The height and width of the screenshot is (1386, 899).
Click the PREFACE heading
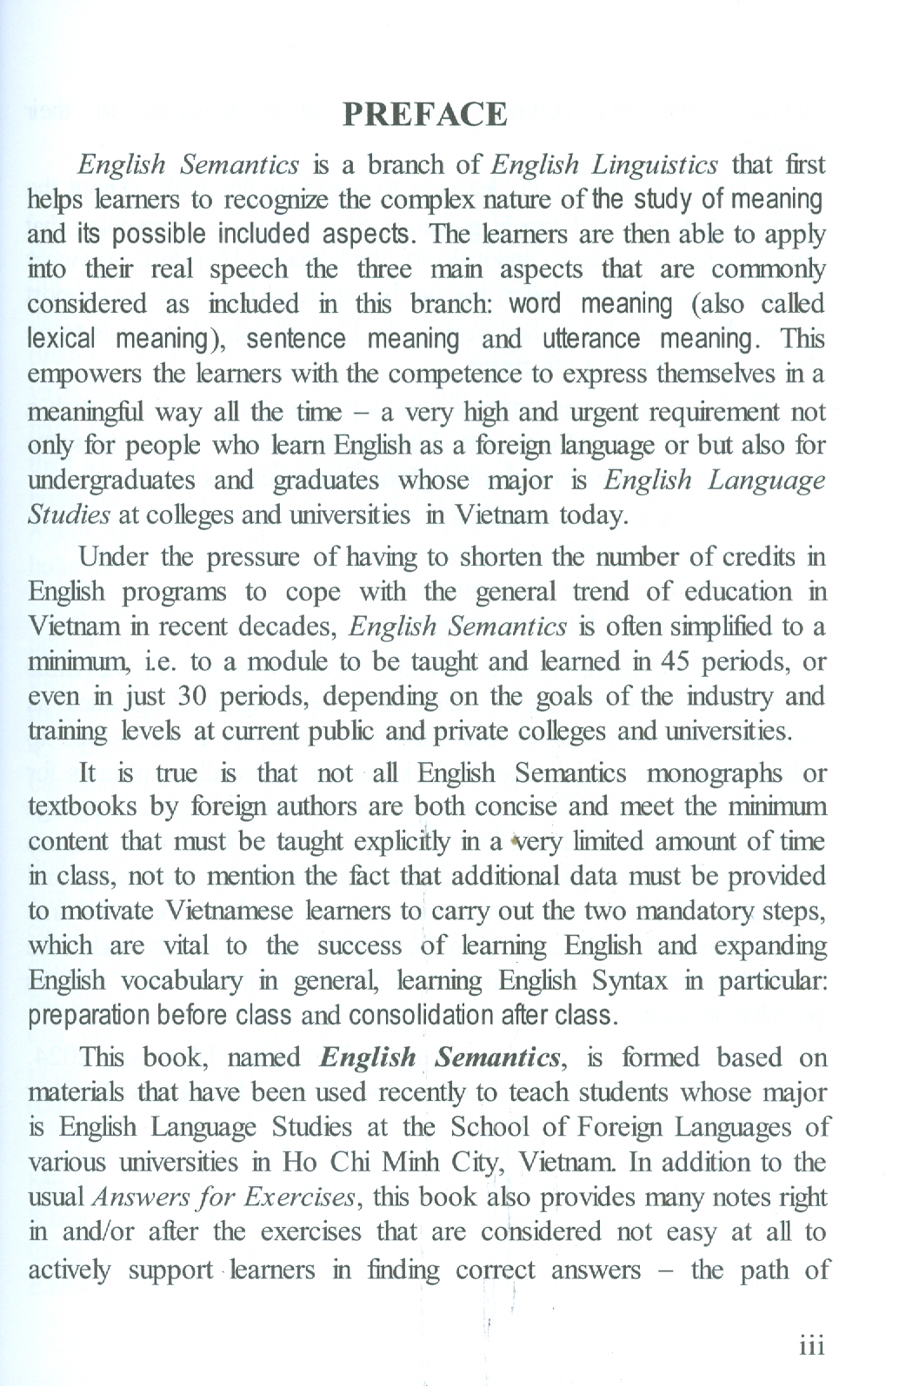click(425, 115)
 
